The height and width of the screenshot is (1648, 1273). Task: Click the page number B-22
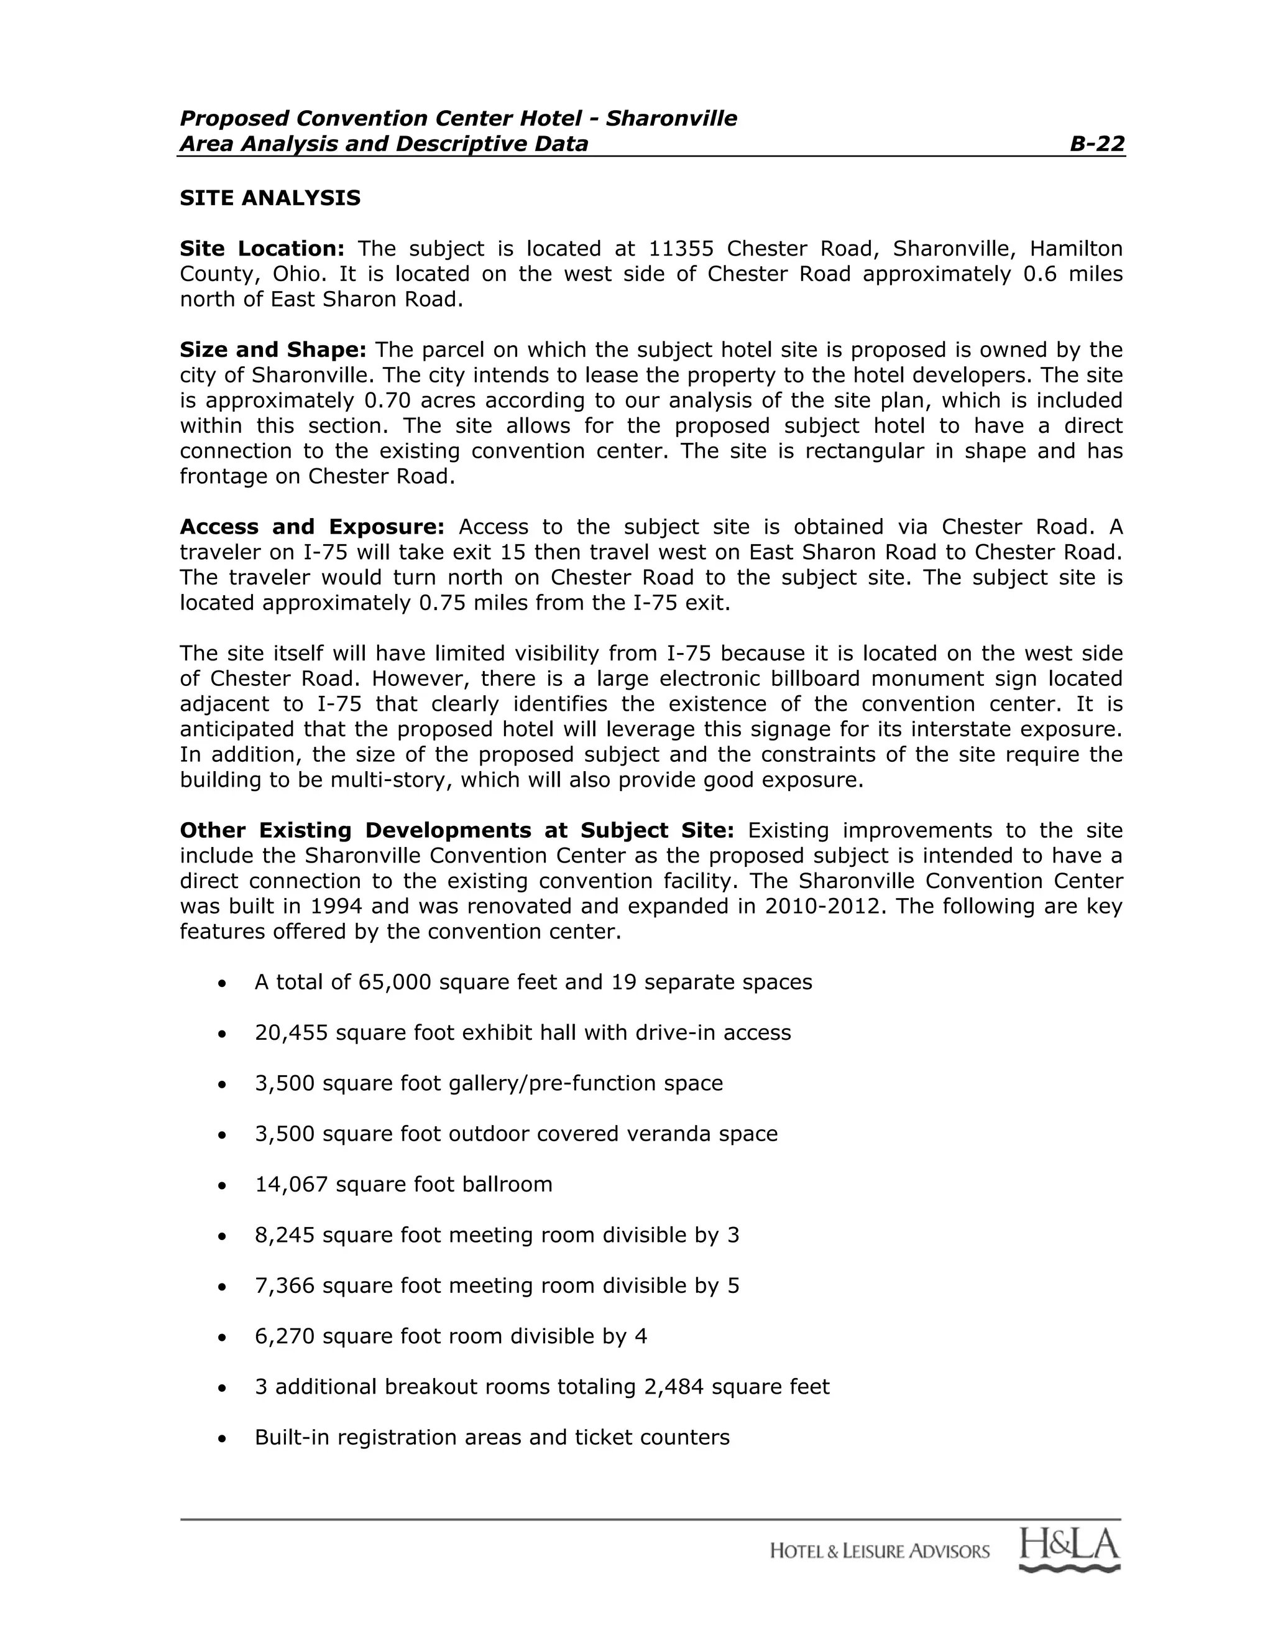(x=1096, y=144)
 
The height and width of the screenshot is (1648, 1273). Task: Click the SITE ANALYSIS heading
(x=270, y=198)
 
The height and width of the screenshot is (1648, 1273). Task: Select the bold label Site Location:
(x=262, y=249)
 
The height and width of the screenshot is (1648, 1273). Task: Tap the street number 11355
(x=681, y=249)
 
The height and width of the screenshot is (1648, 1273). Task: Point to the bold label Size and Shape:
(x=273, y=350)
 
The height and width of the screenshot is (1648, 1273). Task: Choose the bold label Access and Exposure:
(x=312, y=527)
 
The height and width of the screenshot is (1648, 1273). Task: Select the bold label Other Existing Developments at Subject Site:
(x=456, y=830)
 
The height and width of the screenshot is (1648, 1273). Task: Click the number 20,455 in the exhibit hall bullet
(x=291, y=1033)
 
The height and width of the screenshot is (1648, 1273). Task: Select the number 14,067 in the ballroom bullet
(x=291, y=1185)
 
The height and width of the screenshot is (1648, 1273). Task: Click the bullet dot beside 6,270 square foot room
(x=221, y=1337)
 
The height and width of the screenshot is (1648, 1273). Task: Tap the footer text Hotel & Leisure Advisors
(x=880, y=1552)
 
